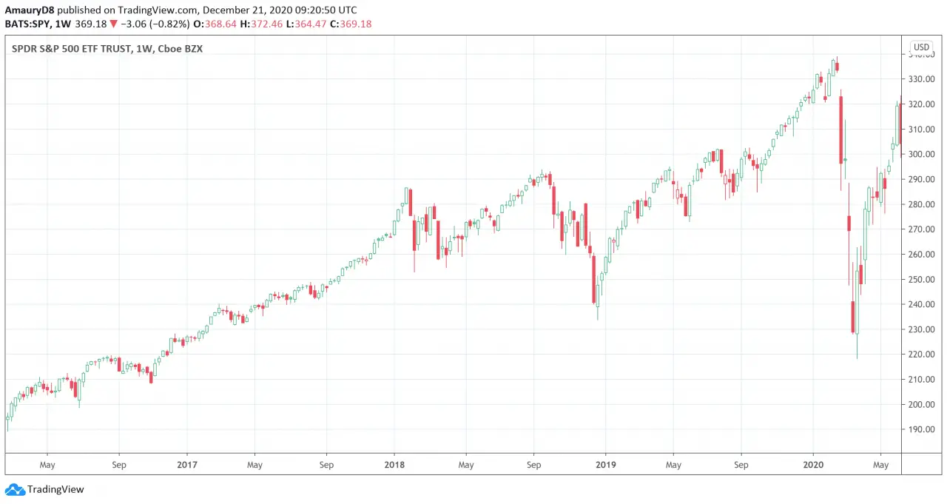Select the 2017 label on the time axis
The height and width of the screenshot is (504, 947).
point(187,465)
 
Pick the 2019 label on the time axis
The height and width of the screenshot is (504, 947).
point(605,465)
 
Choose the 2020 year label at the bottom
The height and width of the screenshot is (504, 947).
point(813,465)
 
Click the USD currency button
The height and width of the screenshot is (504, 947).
point(921,47)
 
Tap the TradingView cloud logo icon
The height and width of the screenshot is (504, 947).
point(14,489)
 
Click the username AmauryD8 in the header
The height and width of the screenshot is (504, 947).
point(30,10)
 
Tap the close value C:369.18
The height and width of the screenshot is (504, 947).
point(351,24)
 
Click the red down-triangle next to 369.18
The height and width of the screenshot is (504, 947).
point(113,24)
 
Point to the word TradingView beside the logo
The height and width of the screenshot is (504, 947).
point(55,489)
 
